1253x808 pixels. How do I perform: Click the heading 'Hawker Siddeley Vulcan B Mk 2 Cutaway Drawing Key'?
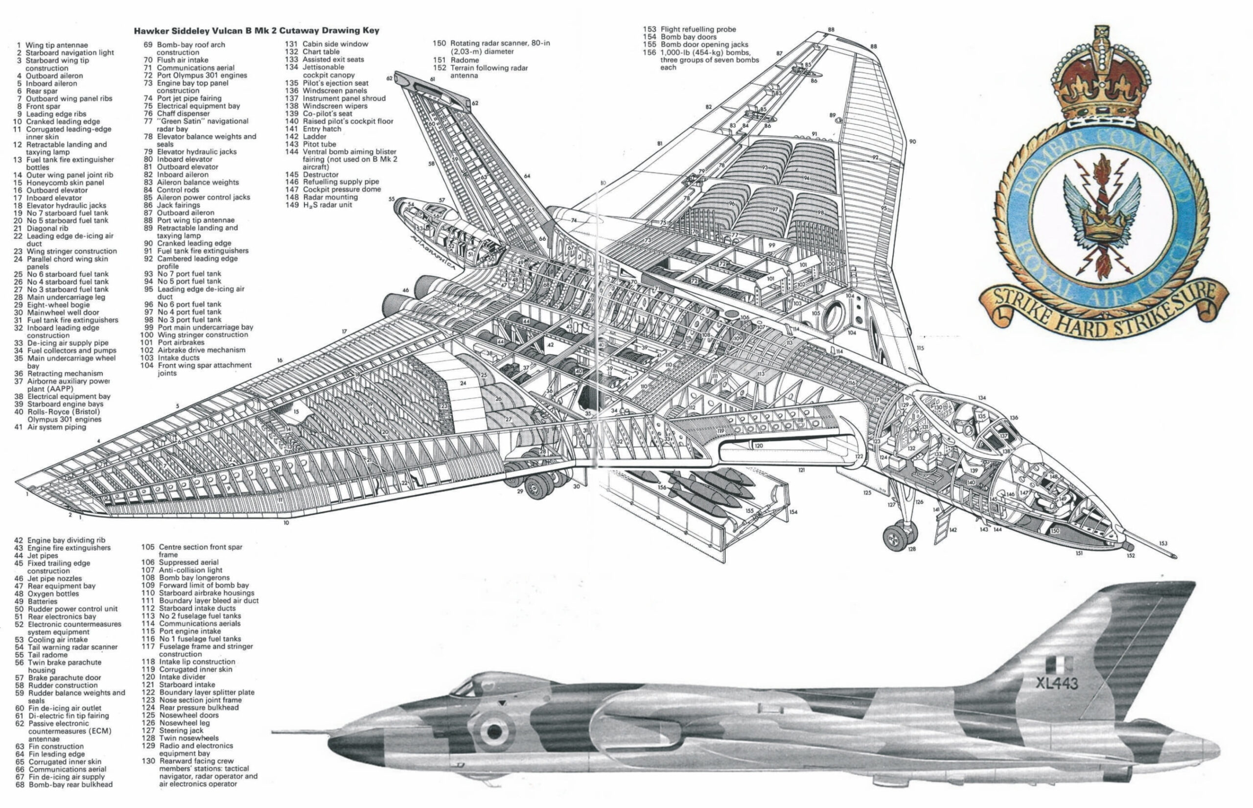click(x=256, y=31)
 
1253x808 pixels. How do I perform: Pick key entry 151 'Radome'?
click(x=464, y=60)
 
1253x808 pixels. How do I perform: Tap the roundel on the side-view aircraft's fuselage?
click(x=493, y=730)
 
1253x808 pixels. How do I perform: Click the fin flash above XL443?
click(x=1052, y=666)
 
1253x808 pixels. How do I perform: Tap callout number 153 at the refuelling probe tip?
click(x=1164, y=544)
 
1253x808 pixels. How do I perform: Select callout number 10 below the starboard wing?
click(x=286, y=523)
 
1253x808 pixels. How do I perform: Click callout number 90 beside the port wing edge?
click(x=913, y=142)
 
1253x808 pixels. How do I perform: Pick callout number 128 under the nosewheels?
click(x=912, y=549)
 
